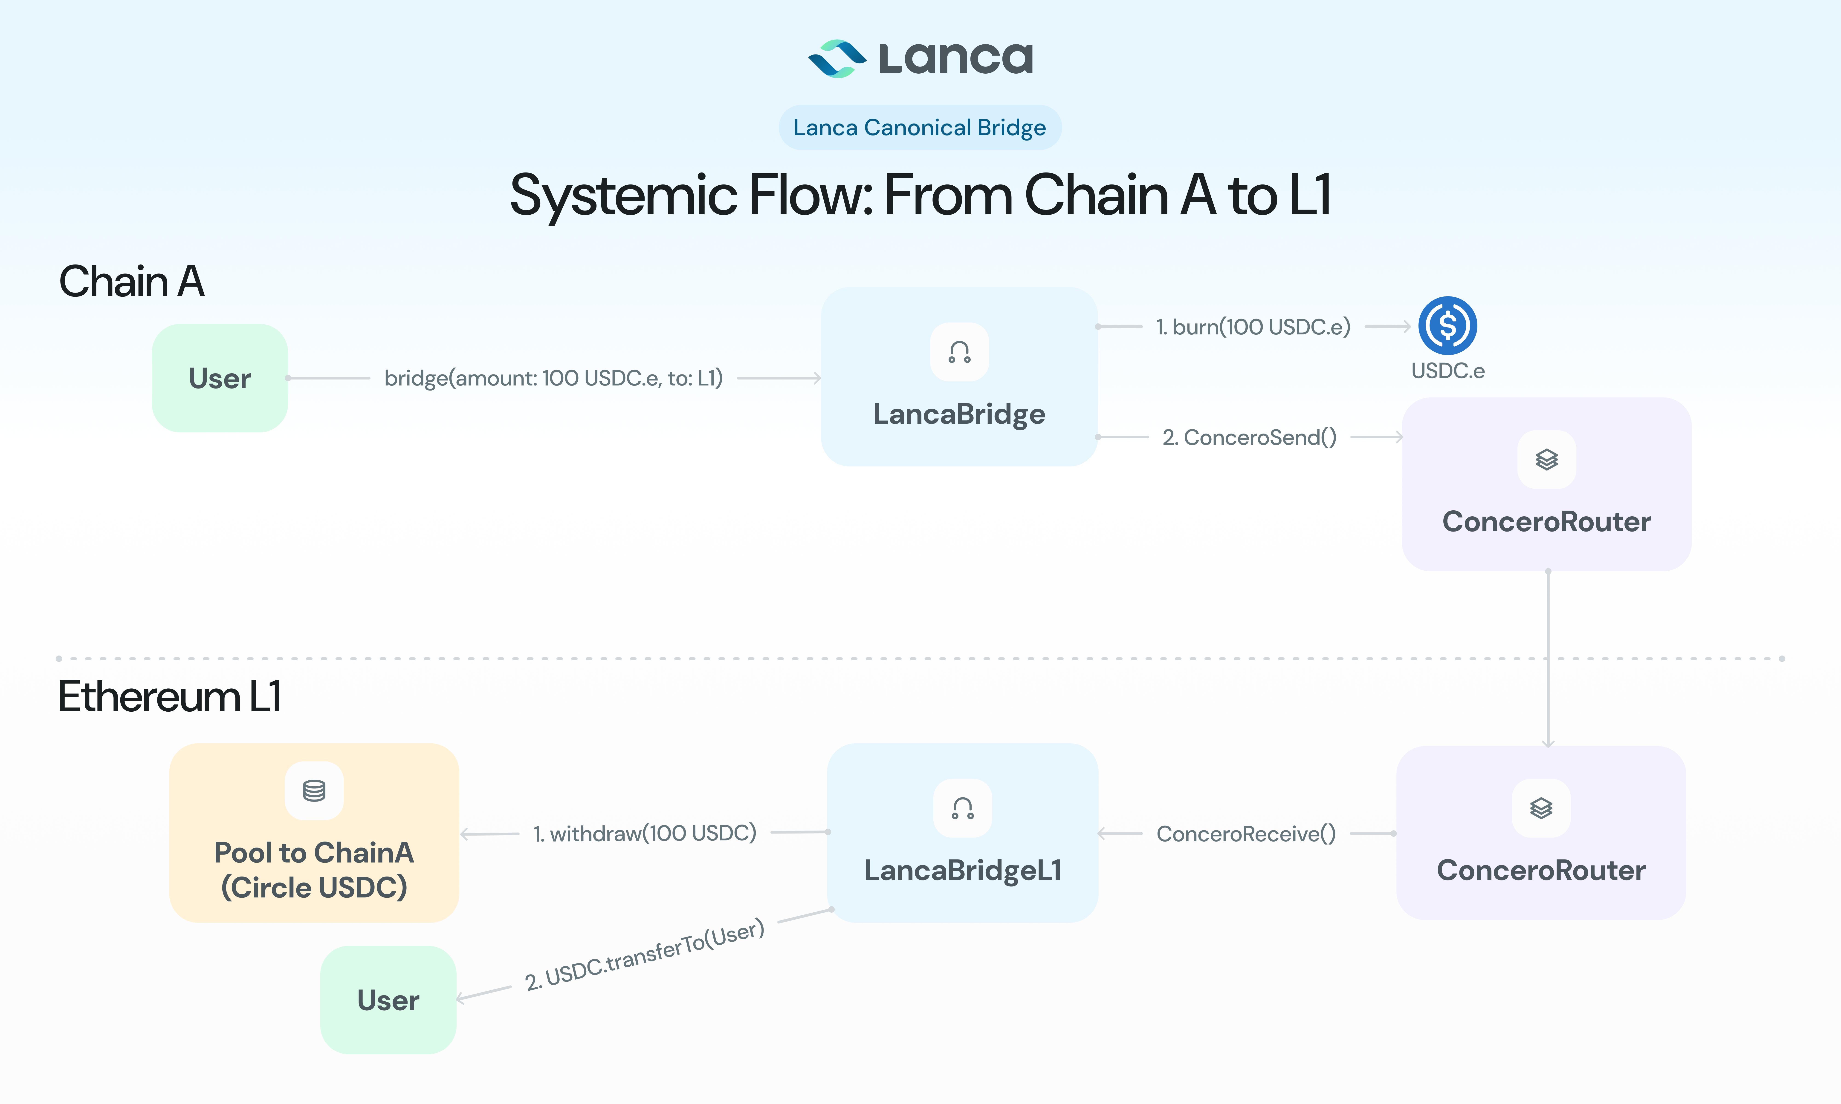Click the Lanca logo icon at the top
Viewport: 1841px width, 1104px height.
coord(837,59)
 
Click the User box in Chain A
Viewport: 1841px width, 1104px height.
coord(220,378)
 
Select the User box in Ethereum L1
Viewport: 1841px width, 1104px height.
coord(388,1000)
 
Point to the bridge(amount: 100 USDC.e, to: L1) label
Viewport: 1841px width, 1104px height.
coord(553,378)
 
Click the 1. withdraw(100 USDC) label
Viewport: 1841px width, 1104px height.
coord(644,833)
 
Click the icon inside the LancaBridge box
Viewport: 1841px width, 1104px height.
coord(959,352)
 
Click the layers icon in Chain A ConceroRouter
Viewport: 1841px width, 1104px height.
coord(1546,460)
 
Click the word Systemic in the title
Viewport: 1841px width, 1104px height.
coord(624,195)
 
